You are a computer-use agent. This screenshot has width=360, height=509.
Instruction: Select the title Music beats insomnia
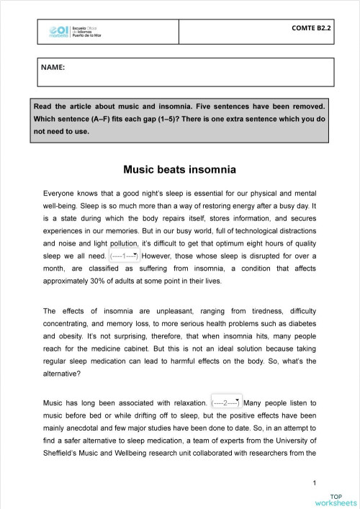[180, 171]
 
